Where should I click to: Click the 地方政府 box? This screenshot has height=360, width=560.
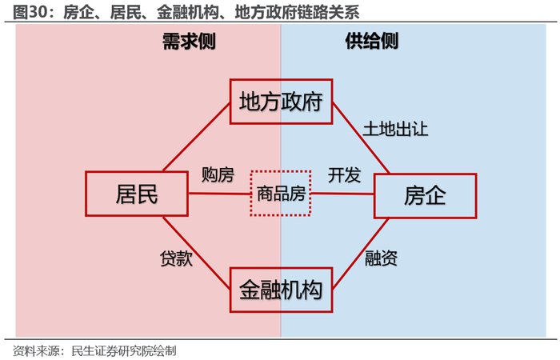pyautogui.click(x=280, y=101)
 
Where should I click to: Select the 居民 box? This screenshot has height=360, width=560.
pyautogui.click(x=137, y=194)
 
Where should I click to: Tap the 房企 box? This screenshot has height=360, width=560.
pyautogui.click(x=425, y=194)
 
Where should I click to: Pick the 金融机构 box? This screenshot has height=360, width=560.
pyautogui.click(x=280, y=288)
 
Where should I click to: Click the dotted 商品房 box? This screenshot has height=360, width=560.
pyautogui.click(x=280, y=193)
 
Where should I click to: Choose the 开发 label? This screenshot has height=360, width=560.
pyautogui.click(x=344, y=174)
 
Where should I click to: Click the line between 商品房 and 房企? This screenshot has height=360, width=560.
pyautogui.click(x=342, y=194)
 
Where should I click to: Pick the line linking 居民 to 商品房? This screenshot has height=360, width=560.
pyautogui.click(x=219, y=194)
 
